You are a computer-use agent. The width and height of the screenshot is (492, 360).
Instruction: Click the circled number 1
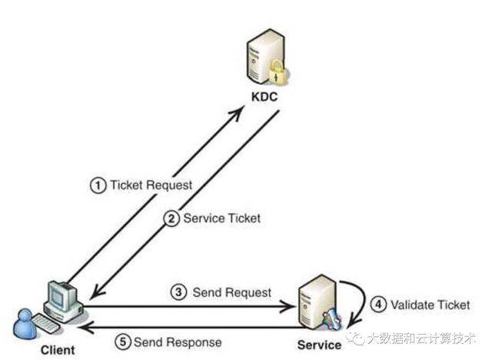tap(98, 185)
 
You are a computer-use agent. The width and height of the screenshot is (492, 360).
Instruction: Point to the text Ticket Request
tap(151, 185)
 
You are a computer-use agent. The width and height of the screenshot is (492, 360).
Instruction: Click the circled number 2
tap(172, 218)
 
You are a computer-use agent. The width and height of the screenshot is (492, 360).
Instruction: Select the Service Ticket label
tap(222, 218)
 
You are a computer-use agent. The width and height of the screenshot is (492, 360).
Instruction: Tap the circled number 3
tap(179, 292)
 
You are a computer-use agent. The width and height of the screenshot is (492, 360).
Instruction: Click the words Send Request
tap(231, 292)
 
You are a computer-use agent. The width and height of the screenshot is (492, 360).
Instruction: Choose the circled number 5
tap(122, 342)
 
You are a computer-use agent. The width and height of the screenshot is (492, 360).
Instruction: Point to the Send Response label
tap(177, 342)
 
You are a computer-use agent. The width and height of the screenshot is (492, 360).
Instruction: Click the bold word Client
tap(58, 350)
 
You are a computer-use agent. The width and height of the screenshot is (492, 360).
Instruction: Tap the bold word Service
tap(318, 345)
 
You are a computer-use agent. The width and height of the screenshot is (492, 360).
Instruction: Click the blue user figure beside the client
tap(24, 323)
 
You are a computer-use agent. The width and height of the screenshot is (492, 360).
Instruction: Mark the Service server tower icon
tap(315, 302)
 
